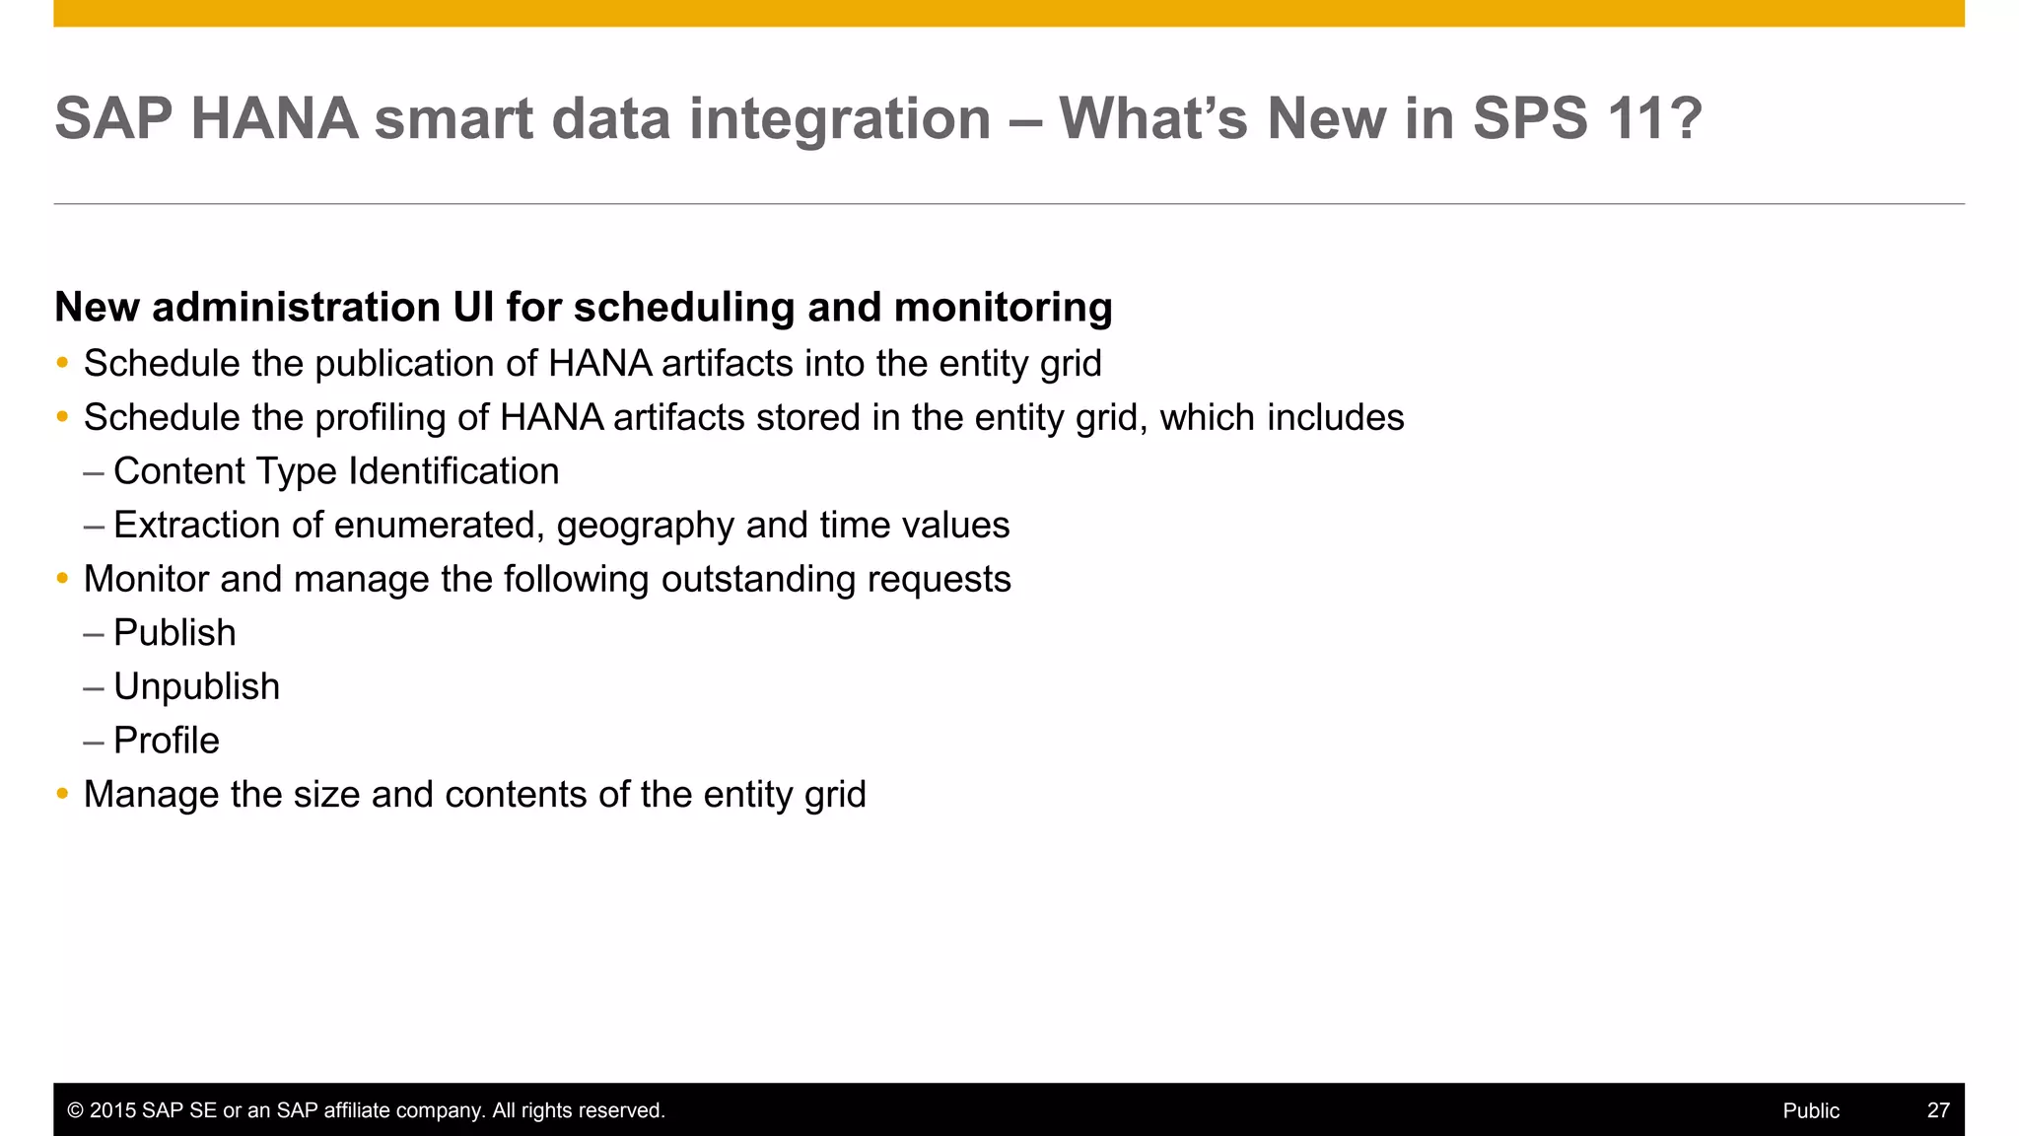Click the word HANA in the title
click(x=274, y=118)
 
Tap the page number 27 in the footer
click(x=1937, y=1110)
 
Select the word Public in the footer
click(x=1810, y=1110)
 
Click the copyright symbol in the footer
click(x=75, y=1110)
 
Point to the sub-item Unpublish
click(x=196, y=686)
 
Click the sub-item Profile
click(x=166, y=741)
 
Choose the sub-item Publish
click(x=174, y=633)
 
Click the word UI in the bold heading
click(x=473, y=308)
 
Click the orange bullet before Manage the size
click(x=62, y=794)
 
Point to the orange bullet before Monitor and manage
click(x=62, y=579)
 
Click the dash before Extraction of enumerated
click(x=94, y=526)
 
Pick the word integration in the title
click(x=839, y=118)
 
